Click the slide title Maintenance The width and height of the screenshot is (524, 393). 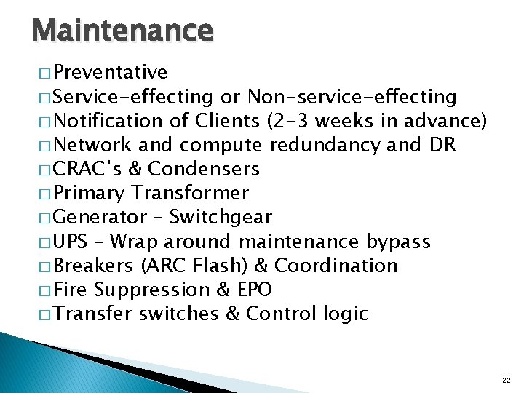(122, 31)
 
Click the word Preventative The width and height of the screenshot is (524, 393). (110, 73)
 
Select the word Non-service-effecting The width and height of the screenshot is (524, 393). (352, 97)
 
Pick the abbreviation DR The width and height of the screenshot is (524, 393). (442, 145)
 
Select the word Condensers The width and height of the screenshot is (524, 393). (204, 169)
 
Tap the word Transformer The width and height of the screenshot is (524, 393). (190, 193)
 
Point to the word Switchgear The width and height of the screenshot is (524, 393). (221, 217)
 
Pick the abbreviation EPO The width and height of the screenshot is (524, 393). (254, 290)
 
